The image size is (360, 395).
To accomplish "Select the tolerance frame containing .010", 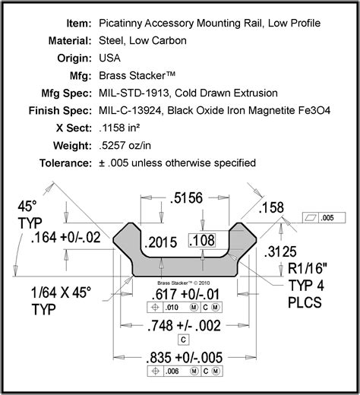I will pos(182,308).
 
